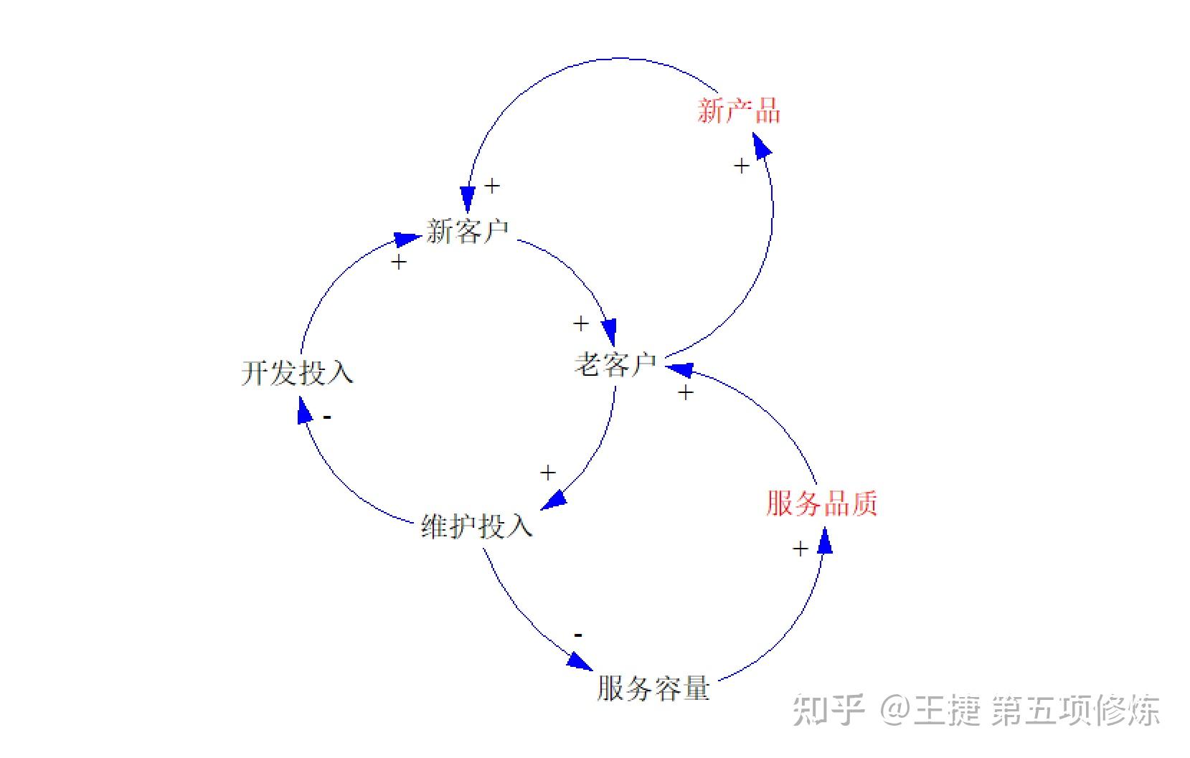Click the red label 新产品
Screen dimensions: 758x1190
738,111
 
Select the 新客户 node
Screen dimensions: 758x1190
467,232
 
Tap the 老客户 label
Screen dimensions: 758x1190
615,364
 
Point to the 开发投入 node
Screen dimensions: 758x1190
297,373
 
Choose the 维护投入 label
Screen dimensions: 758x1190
476,526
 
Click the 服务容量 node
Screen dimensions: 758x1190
653,688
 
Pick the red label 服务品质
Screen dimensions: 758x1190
821,503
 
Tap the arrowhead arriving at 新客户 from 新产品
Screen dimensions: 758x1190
468,199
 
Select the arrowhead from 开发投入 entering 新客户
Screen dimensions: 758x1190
407,239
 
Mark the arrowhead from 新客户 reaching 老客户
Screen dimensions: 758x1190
609,332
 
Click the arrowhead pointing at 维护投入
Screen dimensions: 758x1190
553,499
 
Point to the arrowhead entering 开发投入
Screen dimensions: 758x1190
304,412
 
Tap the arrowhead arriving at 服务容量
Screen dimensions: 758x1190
580,660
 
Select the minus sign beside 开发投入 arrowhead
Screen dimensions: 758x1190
327,417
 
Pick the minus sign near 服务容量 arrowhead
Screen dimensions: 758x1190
578,635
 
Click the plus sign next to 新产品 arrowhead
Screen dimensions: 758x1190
742,166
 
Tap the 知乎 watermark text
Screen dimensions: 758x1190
828,711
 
